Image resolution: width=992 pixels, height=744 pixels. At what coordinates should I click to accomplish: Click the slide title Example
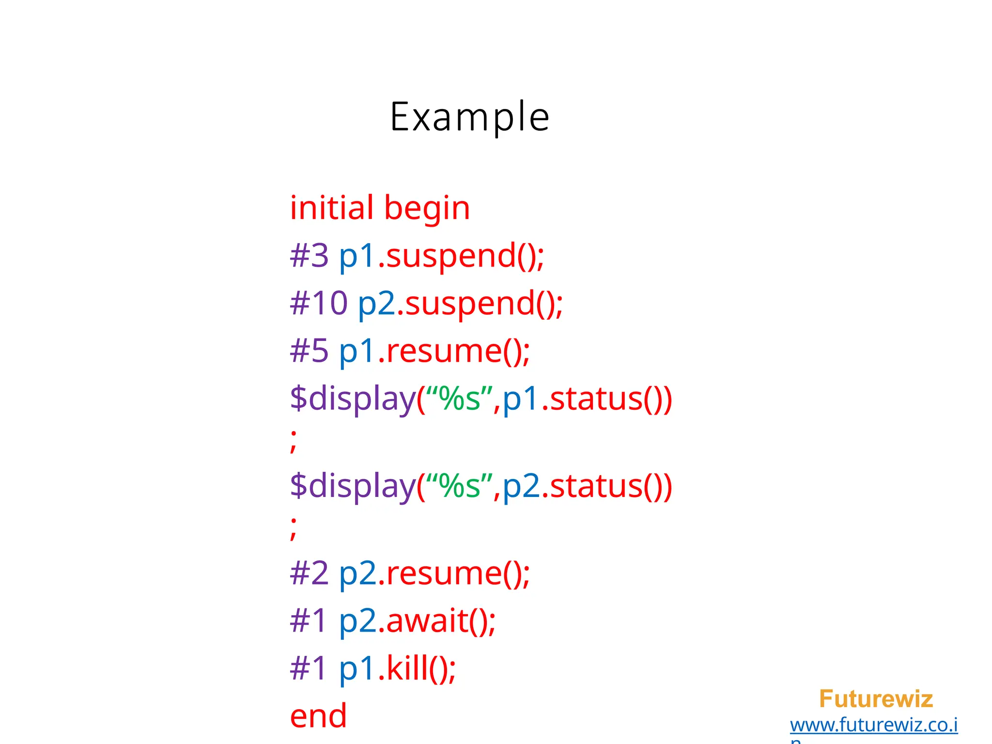point(469,117)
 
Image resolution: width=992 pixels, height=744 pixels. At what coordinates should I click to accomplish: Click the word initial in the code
point(332,208)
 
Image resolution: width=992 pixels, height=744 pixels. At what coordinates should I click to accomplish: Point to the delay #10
point(319,303)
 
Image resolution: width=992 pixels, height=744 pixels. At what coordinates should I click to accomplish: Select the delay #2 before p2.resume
point(309,573)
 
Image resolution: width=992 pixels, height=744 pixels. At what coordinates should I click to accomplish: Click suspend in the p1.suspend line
point(451,256)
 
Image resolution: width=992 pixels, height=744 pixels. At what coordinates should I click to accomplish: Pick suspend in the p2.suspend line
point(470,304)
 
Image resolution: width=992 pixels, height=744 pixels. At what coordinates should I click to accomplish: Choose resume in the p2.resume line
point(444,573)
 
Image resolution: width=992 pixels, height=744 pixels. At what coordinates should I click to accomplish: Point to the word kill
point(407,668)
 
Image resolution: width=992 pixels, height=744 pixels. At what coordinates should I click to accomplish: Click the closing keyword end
point(318,716)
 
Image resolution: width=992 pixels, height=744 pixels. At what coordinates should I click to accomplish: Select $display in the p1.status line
point(353,399)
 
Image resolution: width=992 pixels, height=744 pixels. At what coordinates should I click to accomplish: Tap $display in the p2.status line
point(353,486)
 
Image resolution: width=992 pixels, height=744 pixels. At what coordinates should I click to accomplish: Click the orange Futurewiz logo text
point(876,699)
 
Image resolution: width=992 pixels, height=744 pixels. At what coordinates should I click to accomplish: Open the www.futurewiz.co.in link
point(873,725)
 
